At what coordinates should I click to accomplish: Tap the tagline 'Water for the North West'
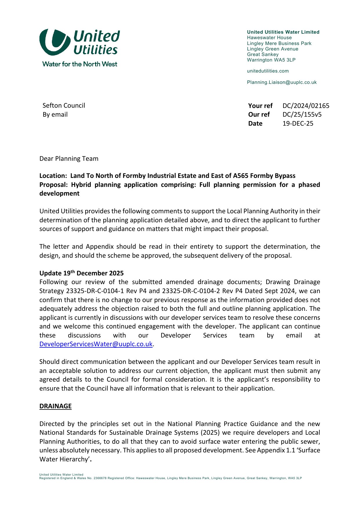pyautogui.click(x=80, y=64)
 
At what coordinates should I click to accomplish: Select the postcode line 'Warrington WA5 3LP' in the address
pyautogui.click(x=271, y=60)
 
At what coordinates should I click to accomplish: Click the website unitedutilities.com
pyautogui.click(x=268, y=71)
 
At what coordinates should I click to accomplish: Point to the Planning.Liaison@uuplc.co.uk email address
pyautogui.click(x=282, y=82)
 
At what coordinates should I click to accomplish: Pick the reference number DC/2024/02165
pyautogui.click(x=306, y=106)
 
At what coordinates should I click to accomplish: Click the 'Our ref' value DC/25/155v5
pyautogui.click(x=302, y=115)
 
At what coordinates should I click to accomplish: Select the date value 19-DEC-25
pyautogui.click(x=298, y=124)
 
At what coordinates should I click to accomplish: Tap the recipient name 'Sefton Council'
pyautogui.click(x=64, y=106)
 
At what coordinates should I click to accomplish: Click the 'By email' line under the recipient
pyautogui.click(x=55, y=115)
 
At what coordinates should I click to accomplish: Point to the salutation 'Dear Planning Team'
pyautogui.click(x=69, y=159)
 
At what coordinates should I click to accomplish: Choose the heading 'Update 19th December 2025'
pyautogui.click(x=82, y=273)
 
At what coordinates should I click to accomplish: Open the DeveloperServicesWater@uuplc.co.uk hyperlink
pyautogui.click(x=96, y=344)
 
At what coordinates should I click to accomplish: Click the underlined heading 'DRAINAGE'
pyautogui.click(x=55, y=406)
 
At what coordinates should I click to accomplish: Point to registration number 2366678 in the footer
pyautogui.click(x=100, y=478)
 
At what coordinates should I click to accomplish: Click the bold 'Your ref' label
pyautogui.click(x=260, y=106)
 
